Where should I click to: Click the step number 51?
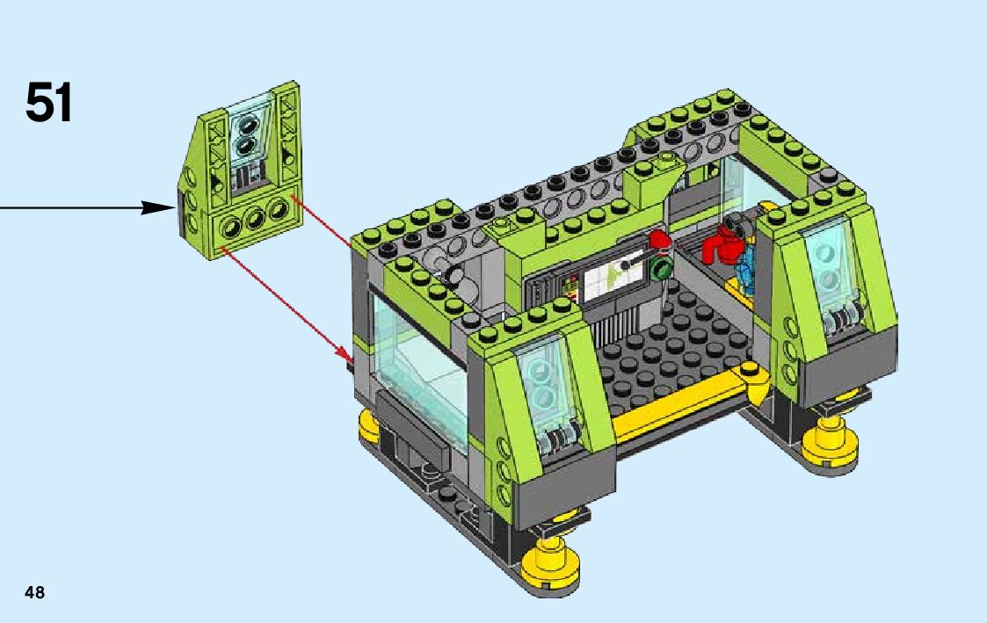49,102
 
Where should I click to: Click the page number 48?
34,592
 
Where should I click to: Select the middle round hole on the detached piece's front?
254,219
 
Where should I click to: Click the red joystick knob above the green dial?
657,240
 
